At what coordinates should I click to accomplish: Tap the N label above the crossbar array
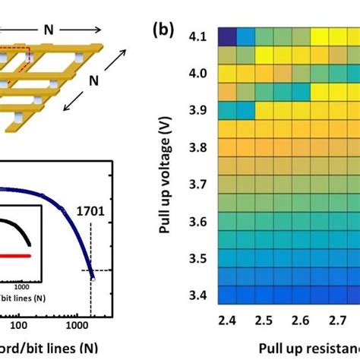tap(49, 30)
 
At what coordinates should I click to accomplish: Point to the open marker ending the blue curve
tap(93, 279)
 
